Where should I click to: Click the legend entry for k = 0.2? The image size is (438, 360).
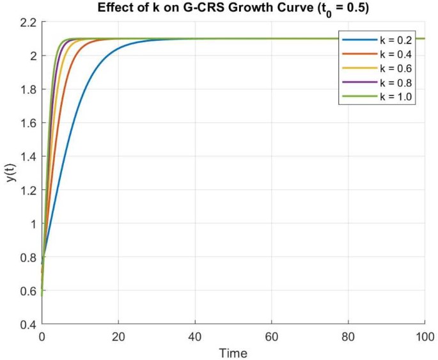point(394,40)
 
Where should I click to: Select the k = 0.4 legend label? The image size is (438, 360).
point(394,54)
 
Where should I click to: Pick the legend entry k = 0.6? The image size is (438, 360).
point(394,68)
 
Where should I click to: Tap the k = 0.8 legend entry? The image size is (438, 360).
point(394,82)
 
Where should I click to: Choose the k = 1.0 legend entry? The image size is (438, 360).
point(394,97)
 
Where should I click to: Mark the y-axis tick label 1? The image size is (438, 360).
point(33,224)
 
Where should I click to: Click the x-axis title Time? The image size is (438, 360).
point(233,352)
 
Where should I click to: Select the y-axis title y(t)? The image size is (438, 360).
point(10,173)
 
